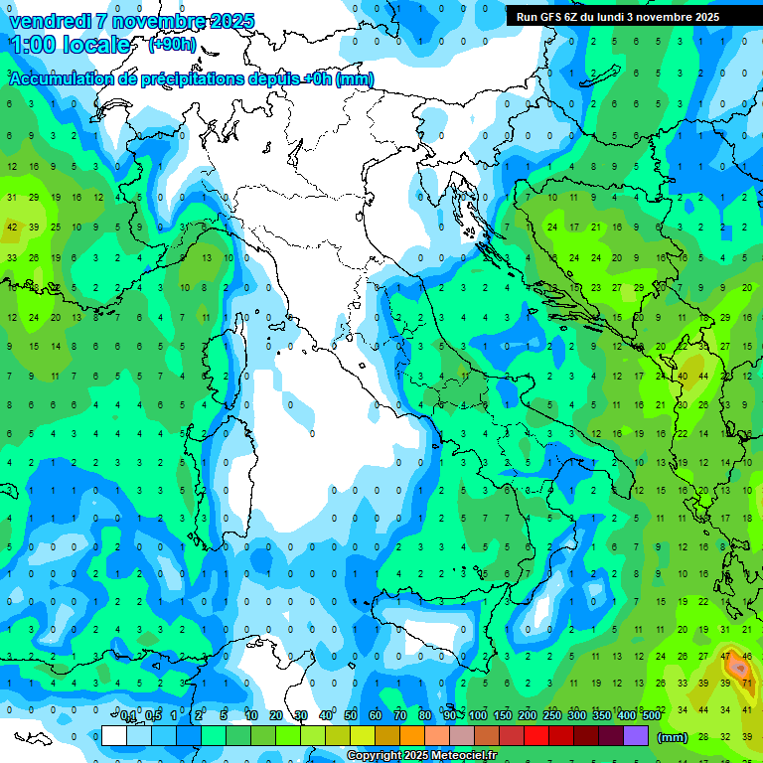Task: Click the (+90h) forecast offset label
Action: (171, 45)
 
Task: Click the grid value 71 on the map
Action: (746, 684)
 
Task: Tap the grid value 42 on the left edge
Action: (12, 227)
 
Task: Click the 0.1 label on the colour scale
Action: (128, 715)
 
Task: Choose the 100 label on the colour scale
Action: (478, 715)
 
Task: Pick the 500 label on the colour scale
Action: (652, 715)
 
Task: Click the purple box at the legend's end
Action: (636, 735)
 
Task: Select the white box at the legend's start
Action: (114, 735)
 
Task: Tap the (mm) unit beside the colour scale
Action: (673, 736)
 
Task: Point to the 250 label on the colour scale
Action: (552, 715)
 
